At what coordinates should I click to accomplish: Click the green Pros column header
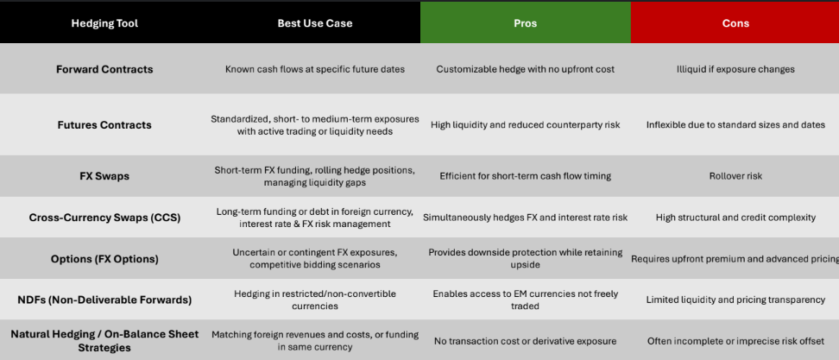(525, 23)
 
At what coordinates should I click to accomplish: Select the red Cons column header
(735, 23)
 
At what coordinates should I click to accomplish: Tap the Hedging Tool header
(104, 23)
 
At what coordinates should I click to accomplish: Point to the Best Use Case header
(314, 23)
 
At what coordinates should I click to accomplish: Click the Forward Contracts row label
(104, 69)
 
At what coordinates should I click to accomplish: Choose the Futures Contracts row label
(104, 124)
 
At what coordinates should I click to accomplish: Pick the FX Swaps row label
(104, 176)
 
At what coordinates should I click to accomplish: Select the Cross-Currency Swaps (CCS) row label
(104, 218)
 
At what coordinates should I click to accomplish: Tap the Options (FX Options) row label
(104, 259)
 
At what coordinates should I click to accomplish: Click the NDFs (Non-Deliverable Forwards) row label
(104, 300)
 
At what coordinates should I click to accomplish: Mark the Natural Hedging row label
(104, 341)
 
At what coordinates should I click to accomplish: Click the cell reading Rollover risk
(735, 176)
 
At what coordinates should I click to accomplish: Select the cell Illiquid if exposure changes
(735, 69)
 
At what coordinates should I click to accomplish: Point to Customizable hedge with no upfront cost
(525, 69)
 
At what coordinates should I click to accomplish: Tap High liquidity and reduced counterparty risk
(525, 124)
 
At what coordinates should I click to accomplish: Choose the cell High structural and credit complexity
(735, 218)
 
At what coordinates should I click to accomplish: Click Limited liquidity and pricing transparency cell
(735, 300)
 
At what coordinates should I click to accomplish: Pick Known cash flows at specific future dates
(314, 69)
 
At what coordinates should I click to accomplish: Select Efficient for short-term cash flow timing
(525, 176)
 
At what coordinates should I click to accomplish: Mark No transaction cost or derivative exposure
(525, 341)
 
